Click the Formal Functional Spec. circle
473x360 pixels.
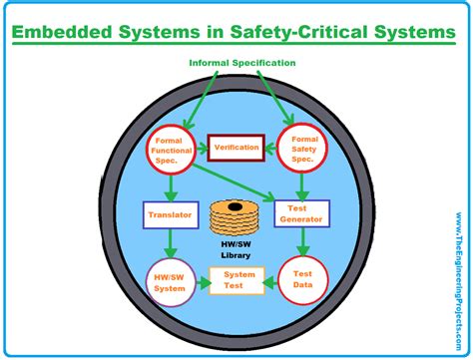(173, 149)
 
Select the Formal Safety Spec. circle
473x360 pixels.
(300, 149)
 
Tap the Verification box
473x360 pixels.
(236, 148)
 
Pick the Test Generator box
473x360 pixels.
(300, 212)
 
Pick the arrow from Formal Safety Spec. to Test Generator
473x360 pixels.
(300, 185)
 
